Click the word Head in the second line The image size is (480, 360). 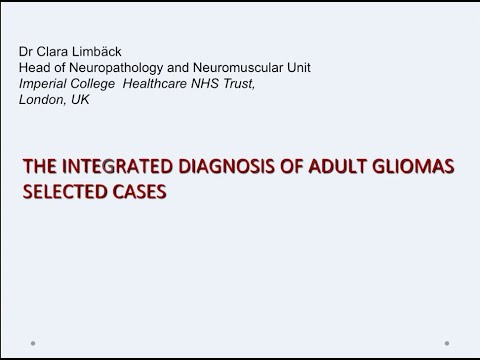coord(34,67)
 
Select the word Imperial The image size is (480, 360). coord(44,82)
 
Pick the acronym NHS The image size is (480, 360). coord(212,82)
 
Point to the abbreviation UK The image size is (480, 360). coord(81,98)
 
